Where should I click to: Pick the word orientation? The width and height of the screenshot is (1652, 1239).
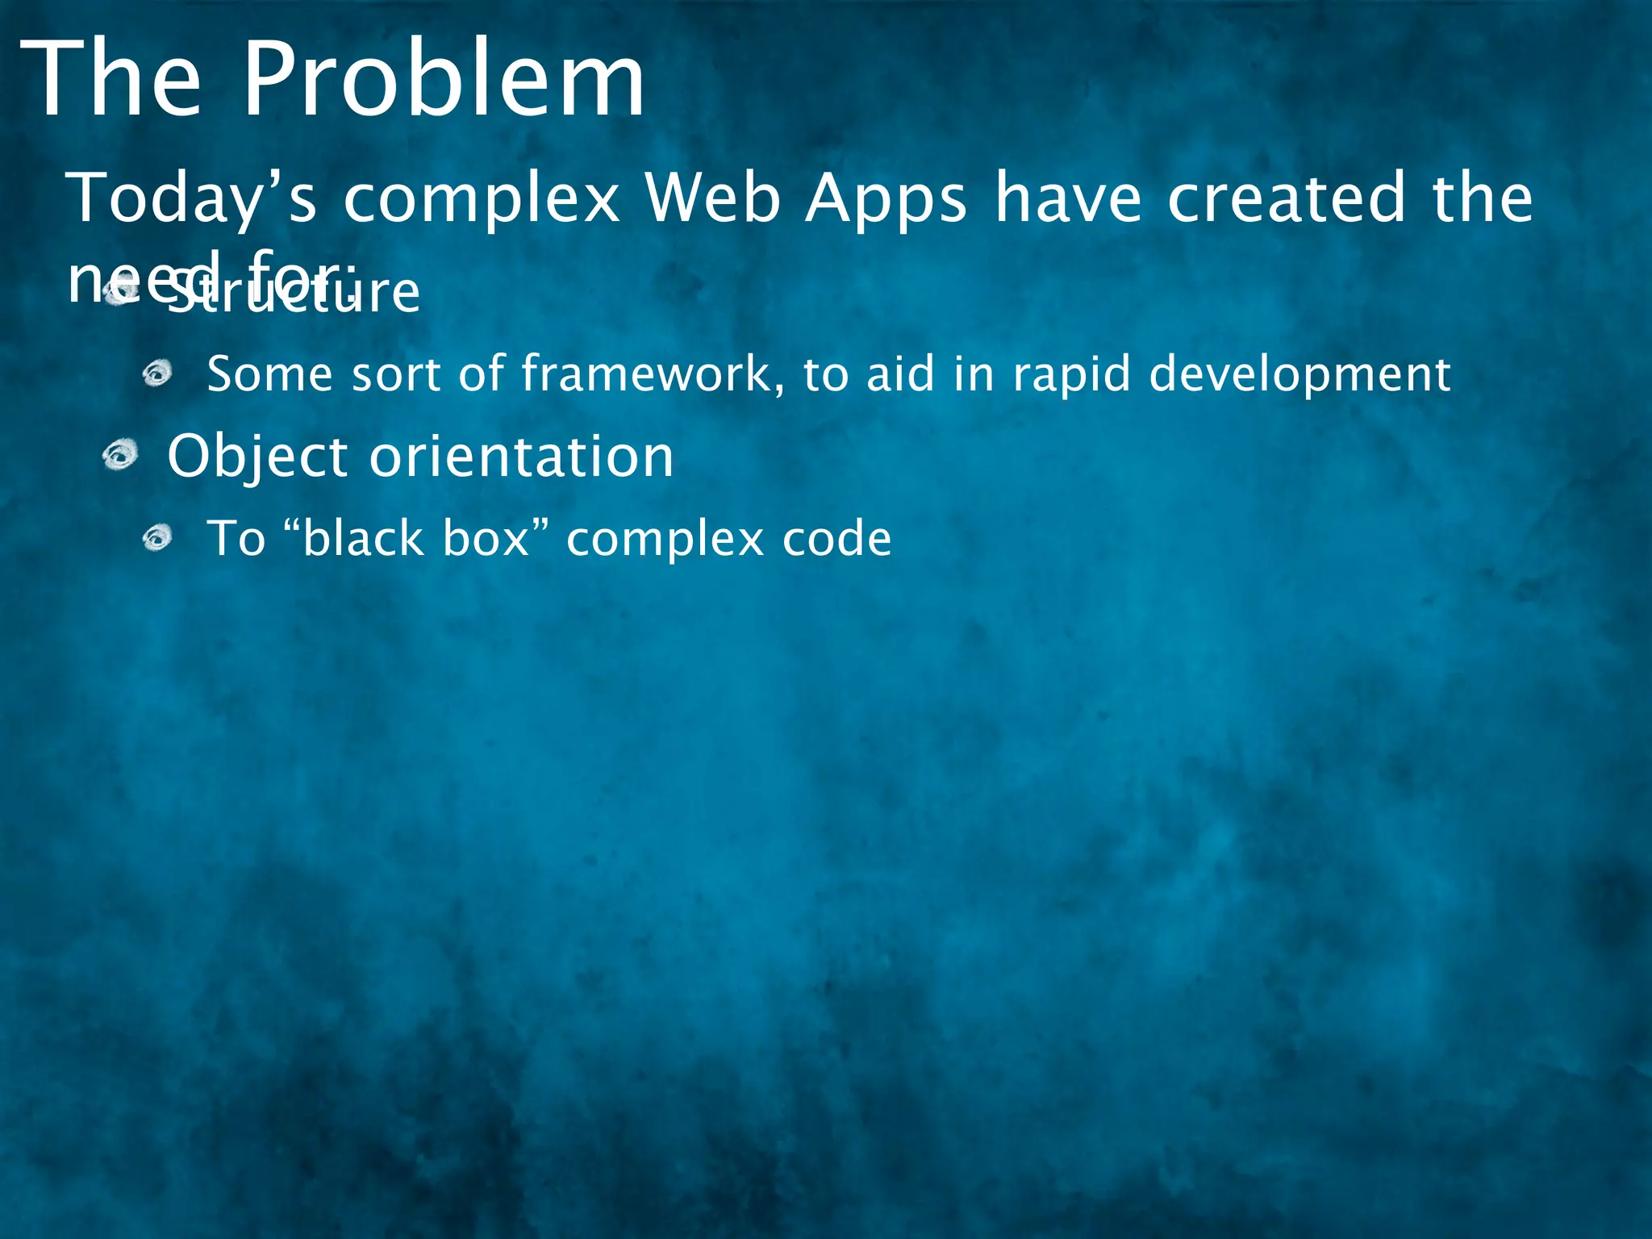click(521, 457)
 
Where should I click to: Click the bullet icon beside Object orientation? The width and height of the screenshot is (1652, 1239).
click(120, 456)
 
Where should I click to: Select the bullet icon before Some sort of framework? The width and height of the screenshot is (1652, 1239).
click(157, 373)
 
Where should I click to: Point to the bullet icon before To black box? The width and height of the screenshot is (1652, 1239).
click(157, 538)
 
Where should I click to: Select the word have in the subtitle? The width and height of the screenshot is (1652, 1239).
click(1068, 198)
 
